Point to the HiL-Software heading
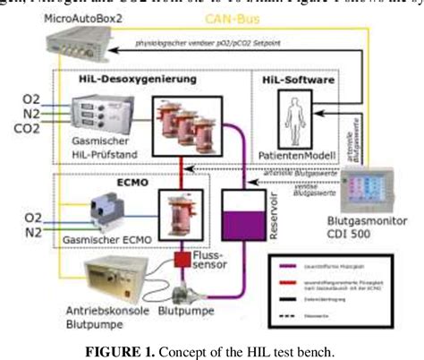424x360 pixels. tap(299, 81)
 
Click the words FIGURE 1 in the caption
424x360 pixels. tap(136, 347)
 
